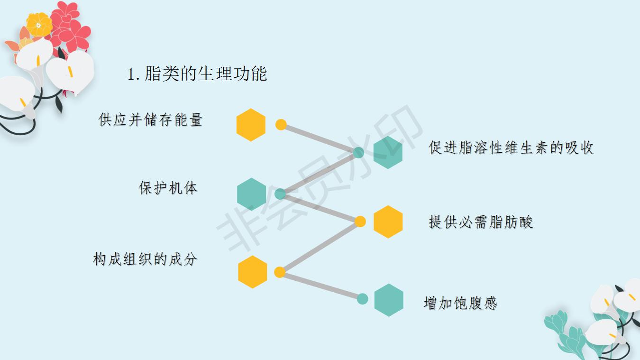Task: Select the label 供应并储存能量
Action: coord(150,120)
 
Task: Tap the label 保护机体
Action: coord(168,188)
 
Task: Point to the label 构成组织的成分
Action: coord(145,259)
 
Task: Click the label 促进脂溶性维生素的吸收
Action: coord(511,148)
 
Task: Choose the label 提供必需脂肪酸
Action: coord(481,222)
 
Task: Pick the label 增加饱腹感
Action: coord(460,303)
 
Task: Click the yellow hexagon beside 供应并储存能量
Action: coord(251,125)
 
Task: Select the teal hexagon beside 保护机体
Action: coord(251,194)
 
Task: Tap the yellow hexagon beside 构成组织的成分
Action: coord(252,272)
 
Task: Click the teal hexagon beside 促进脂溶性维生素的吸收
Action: coord(388,152)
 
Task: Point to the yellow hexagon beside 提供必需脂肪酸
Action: coord(388,222)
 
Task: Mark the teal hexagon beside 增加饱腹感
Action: coord(389,300)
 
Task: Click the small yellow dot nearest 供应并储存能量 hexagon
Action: coord(281,125)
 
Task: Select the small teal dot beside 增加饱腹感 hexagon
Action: coord(362,299)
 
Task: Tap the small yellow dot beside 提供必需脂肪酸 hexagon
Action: coord(360,222)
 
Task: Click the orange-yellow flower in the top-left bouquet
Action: coord(39,24)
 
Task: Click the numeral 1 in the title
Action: coord(132,74)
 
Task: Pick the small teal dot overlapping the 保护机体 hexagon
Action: coord(280,194)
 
